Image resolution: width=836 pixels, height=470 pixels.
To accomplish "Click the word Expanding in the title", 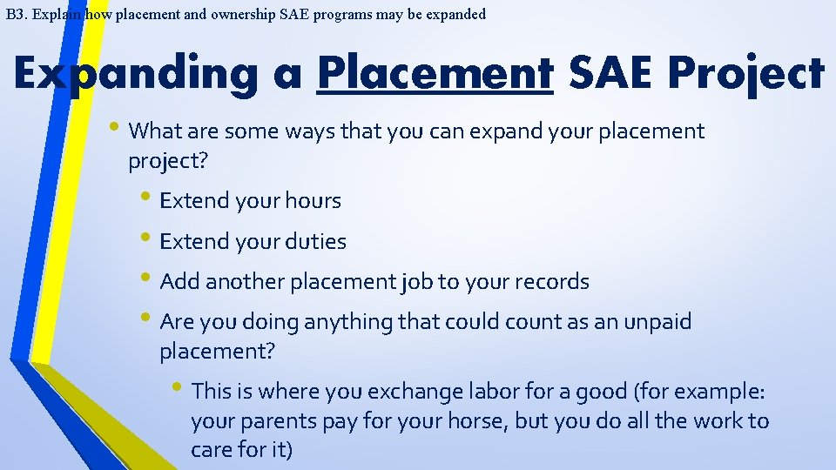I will [136, 73].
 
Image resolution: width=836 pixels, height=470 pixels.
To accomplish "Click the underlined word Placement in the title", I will [435, 73].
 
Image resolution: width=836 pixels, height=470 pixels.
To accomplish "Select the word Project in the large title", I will [745, 73].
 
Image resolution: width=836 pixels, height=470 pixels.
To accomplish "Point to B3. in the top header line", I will [16, 14].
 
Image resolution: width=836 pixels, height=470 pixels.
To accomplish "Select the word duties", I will [313, 242].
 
